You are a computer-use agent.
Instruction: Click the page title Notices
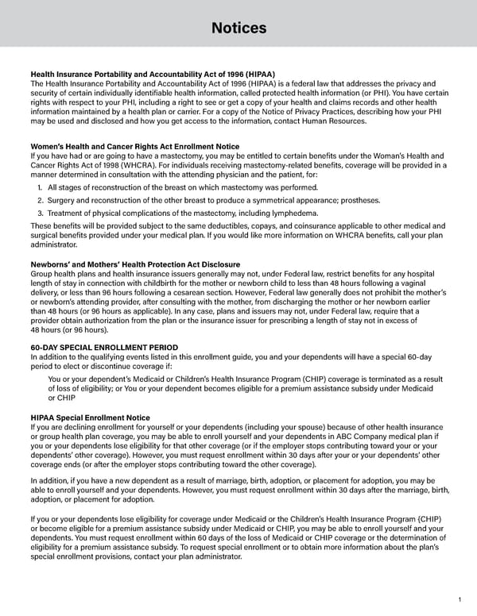pos(238,29)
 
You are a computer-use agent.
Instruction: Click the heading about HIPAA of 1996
pos(142,75)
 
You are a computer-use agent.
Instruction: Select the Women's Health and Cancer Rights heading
pos(134,147)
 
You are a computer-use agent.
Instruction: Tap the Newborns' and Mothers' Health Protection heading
pos(135,264)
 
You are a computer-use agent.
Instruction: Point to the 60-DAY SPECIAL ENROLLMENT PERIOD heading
pos(104,348)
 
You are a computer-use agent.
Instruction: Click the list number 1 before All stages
pos(41,187)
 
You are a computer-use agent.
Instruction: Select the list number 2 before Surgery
pos(41,200)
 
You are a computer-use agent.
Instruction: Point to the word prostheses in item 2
pos(359,200)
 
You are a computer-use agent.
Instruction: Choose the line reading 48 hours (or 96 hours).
pos(68,329)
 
